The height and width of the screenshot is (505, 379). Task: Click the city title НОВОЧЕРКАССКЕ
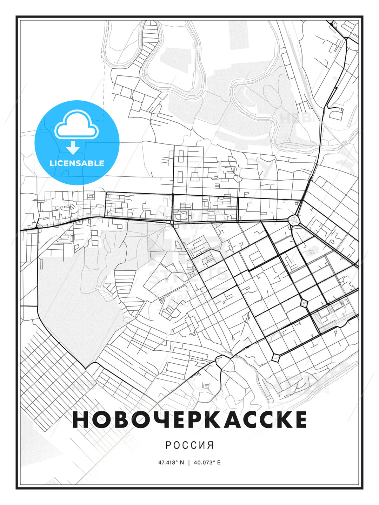pyautogui.click(x=189, y=420)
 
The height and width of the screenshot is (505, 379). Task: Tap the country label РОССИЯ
pyautogui.click(x=189, y=445)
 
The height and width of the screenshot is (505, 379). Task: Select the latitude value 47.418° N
pyautogui.click(x=171, y=463)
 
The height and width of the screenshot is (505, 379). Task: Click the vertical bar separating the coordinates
pyautogui.click(x=189, y=463)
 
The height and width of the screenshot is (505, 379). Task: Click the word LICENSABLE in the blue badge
pyautogui.click(x=77, y=163)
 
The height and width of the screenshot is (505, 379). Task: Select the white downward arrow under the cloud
pyautogui.click(x=73, y=148)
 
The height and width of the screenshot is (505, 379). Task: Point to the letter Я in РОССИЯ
pyautogui.click(x=210, y=445)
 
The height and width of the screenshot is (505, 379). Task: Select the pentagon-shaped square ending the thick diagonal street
pyautogui.click(x=276, y=357)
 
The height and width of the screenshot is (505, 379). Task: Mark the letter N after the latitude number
pyautogui.click(x=182, y=463)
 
